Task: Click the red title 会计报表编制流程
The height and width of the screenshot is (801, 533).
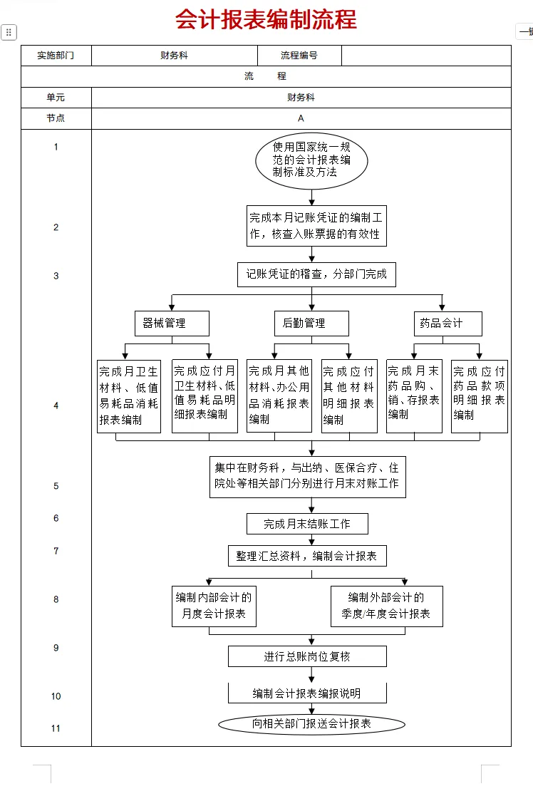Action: [266, 20]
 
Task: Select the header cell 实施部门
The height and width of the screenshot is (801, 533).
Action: [56, 56]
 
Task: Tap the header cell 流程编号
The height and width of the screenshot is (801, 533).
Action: [299, 56]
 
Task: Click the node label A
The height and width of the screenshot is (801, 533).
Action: [301, 118]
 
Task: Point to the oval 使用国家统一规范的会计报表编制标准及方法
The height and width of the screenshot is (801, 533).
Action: [311, 160]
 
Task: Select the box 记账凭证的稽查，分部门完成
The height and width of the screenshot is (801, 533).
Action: [316, 274]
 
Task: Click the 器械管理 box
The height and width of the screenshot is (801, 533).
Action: [172, 324]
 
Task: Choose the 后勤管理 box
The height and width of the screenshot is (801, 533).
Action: [311, 324]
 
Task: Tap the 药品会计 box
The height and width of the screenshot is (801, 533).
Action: [447, 324]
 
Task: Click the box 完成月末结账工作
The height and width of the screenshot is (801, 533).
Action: [308, 524]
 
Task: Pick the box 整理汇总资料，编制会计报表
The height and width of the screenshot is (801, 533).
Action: [306, 557]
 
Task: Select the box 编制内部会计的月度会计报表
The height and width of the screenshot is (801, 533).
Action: [214, 606]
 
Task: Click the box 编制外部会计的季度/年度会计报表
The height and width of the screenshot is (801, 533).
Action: [386, 606]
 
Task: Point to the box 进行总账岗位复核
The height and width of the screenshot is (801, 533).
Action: [307, 656]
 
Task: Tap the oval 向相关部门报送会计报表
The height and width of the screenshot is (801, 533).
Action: [311, 724]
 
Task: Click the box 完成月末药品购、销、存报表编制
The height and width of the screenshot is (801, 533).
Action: [414, 396]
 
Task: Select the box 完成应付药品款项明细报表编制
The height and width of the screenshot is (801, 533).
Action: [479, 396]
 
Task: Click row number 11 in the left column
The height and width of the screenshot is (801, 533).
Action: [56, 728]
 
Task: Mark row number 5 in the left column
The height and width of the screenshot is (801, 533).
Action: [56, 486]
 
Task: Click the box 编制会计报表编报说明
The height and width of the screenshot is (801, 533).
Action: [307, 693]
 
